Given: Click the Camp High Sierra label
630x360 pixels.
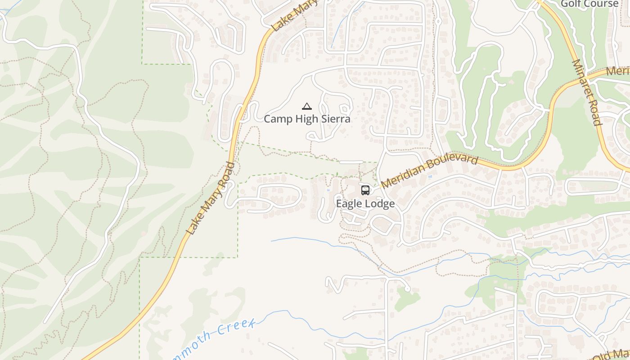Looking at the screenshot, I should pyautogui.click(x=307, y=119).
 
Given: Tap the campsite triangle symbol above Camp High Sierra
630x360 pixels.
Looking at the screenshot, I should pyautogui.click(x=307, y=107).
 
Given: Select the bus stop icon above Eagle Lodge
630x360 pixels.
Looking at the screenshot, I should pyautogui.click(x=365, y=190).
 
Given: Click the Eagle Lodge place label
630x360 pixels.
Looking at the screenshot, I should pyautogui.click(x=365, y=204).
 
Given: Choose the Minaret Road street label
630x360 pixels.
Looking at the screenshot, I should pyautogui.click(x=586, y=92).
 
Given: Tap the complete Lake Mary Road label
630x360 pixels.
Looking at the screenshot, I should pyautogui.click(x=211, y=198).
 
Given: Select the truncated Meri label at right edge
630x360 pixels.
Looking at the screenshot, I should pyautogui.click(x=617, y=72).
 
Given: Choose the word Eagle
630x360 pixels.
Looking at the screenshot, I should pyautogui.click(x=349, y=204).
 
